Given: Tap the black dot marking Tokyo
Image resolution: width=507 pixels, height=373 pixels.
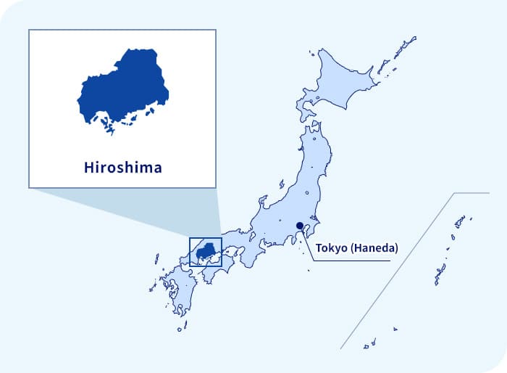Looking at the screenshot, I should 300,226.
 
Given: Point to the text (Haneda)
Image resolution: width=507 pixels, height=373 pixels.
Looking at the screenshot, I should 374,248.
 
